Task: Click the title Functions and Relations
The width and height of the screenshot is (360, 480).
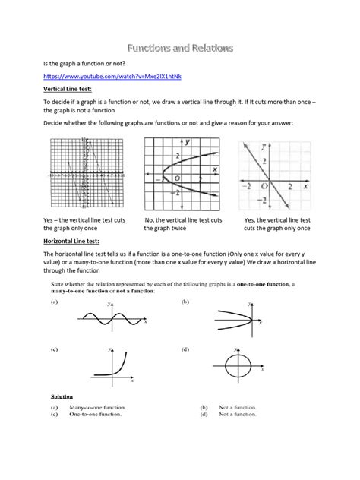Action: (180, 49)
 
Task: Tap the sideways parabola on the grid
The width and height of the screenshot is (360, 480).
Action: (182, 174)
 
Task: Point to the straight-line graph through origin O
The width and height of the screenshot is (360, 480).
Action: (273, 174)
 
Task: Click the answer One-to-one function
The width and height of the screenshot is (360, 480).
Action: (95, 414)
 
